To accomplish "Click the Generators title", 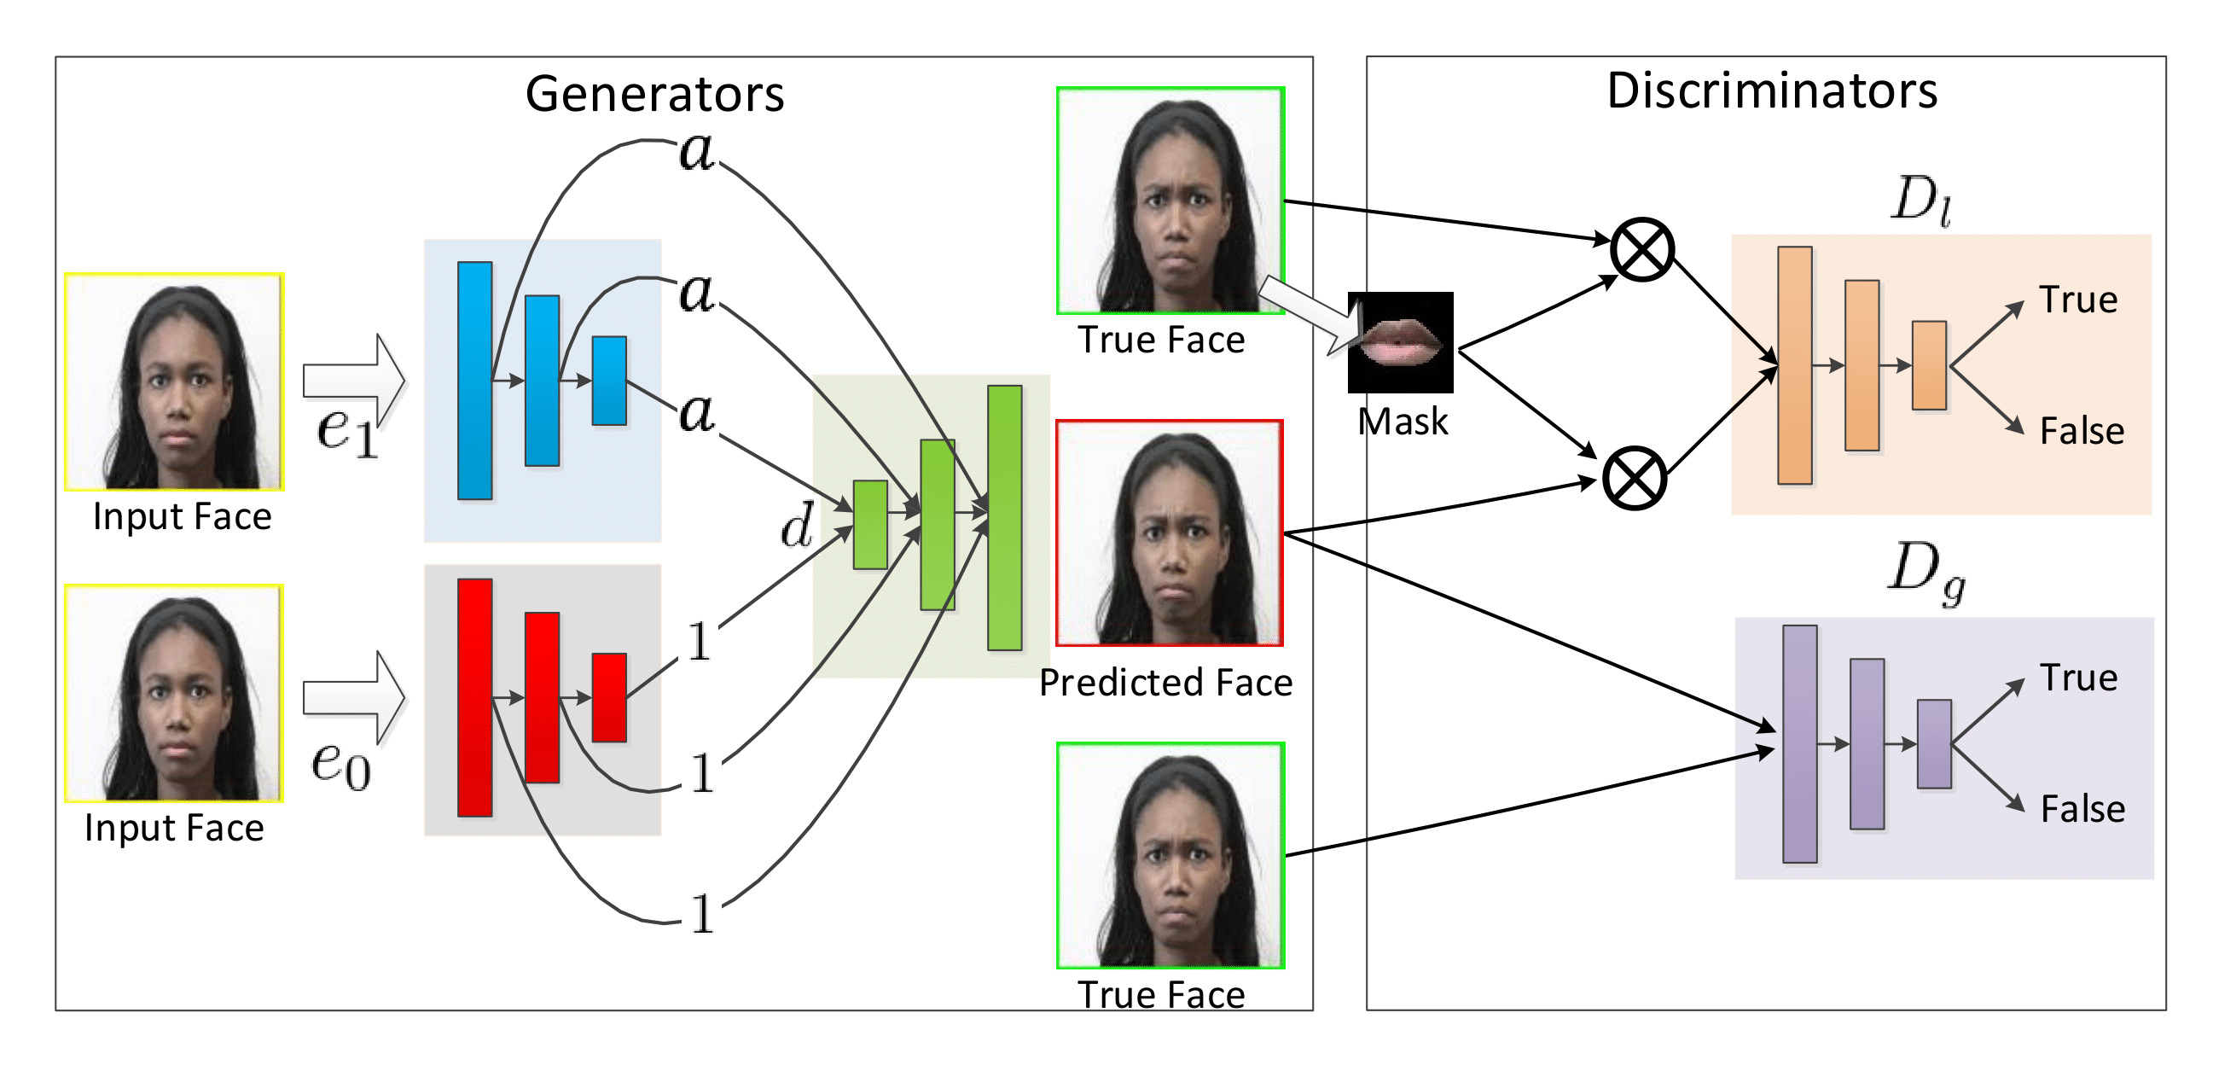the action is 654,93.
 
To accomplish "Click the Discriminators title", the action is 1771,90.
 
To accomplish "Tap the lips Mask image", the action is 1400,342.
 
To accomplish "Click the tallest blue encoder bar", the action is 475,381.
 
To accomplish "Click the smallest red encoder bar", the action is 609,697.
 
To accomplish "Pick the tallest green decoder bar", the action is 1004,517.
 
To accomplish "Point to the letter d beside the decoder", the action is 797,525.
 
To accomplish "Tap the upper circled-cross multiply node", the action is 1641,249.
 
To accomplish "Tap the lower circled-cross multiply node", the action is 1634,478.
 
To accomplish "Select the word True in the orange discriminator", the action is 2078,300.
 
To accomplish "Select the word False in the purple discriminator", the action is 2082,809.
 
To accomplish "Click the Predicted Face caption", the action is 1165,683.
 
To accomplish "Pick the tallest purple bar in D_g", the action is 1800,743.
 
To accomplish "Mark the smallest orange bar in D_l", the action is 1929,365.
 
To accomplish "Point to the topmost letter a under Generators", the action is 697,151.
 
